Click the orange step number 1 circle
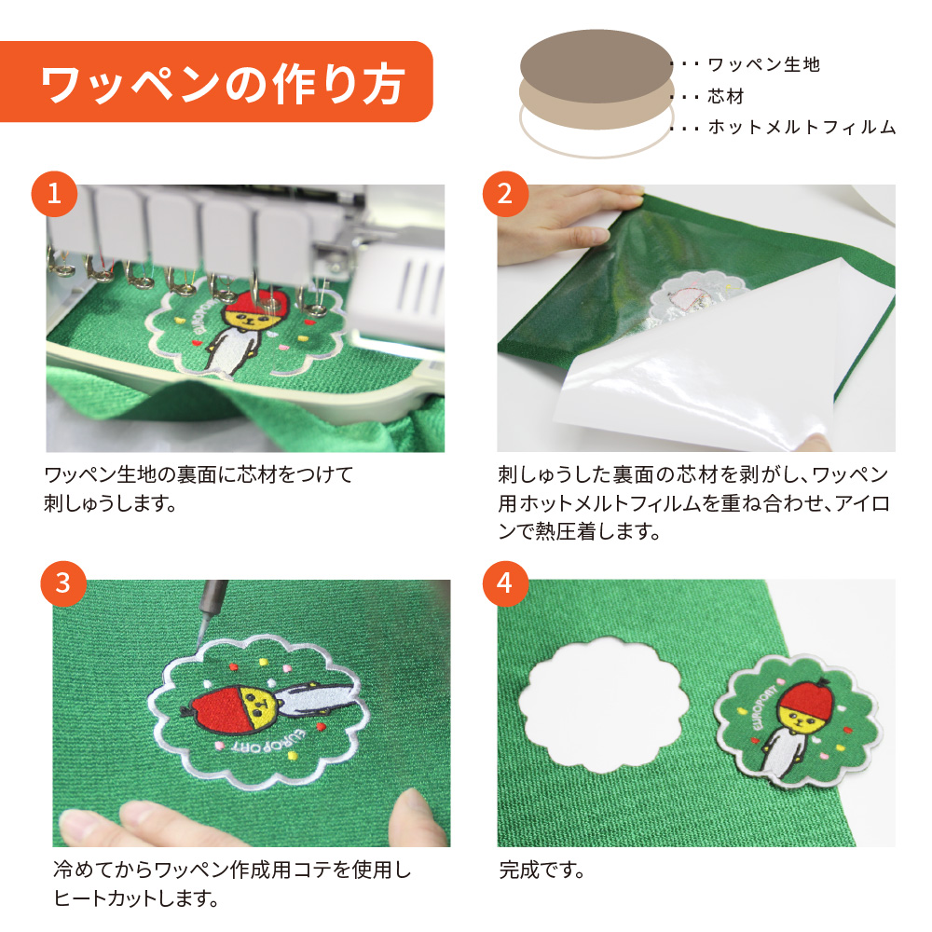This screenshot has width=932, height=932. [54, 194]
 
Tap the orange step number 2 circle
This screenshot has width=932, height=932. [504, 194]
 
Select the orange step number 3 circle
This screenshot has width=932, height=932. [63, 583]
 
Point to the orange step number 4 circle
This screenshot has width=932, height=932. [504, 583]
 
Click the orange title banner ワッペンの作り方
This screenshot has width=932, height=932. [216, 81]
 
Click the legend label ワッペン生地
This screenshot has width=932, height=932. [764, 64]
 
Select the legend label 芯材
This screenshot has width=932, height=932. [726, 96]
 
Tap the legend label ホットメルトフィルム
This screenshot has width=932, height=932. [802, 127]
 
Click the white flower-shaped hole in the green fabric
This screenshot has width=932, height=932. [603, 706]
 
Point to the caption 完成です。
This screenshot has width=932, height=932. [541, 870]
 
